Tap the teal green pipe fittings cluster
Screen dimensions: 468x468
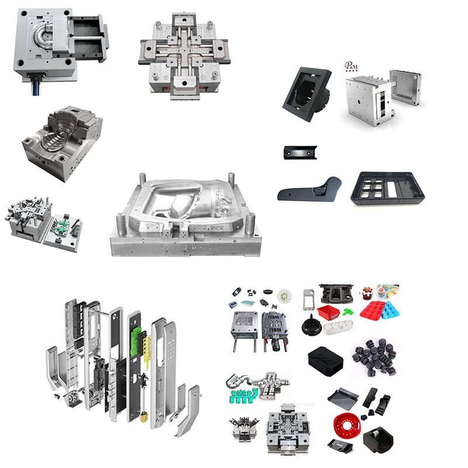coord(240,392)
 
